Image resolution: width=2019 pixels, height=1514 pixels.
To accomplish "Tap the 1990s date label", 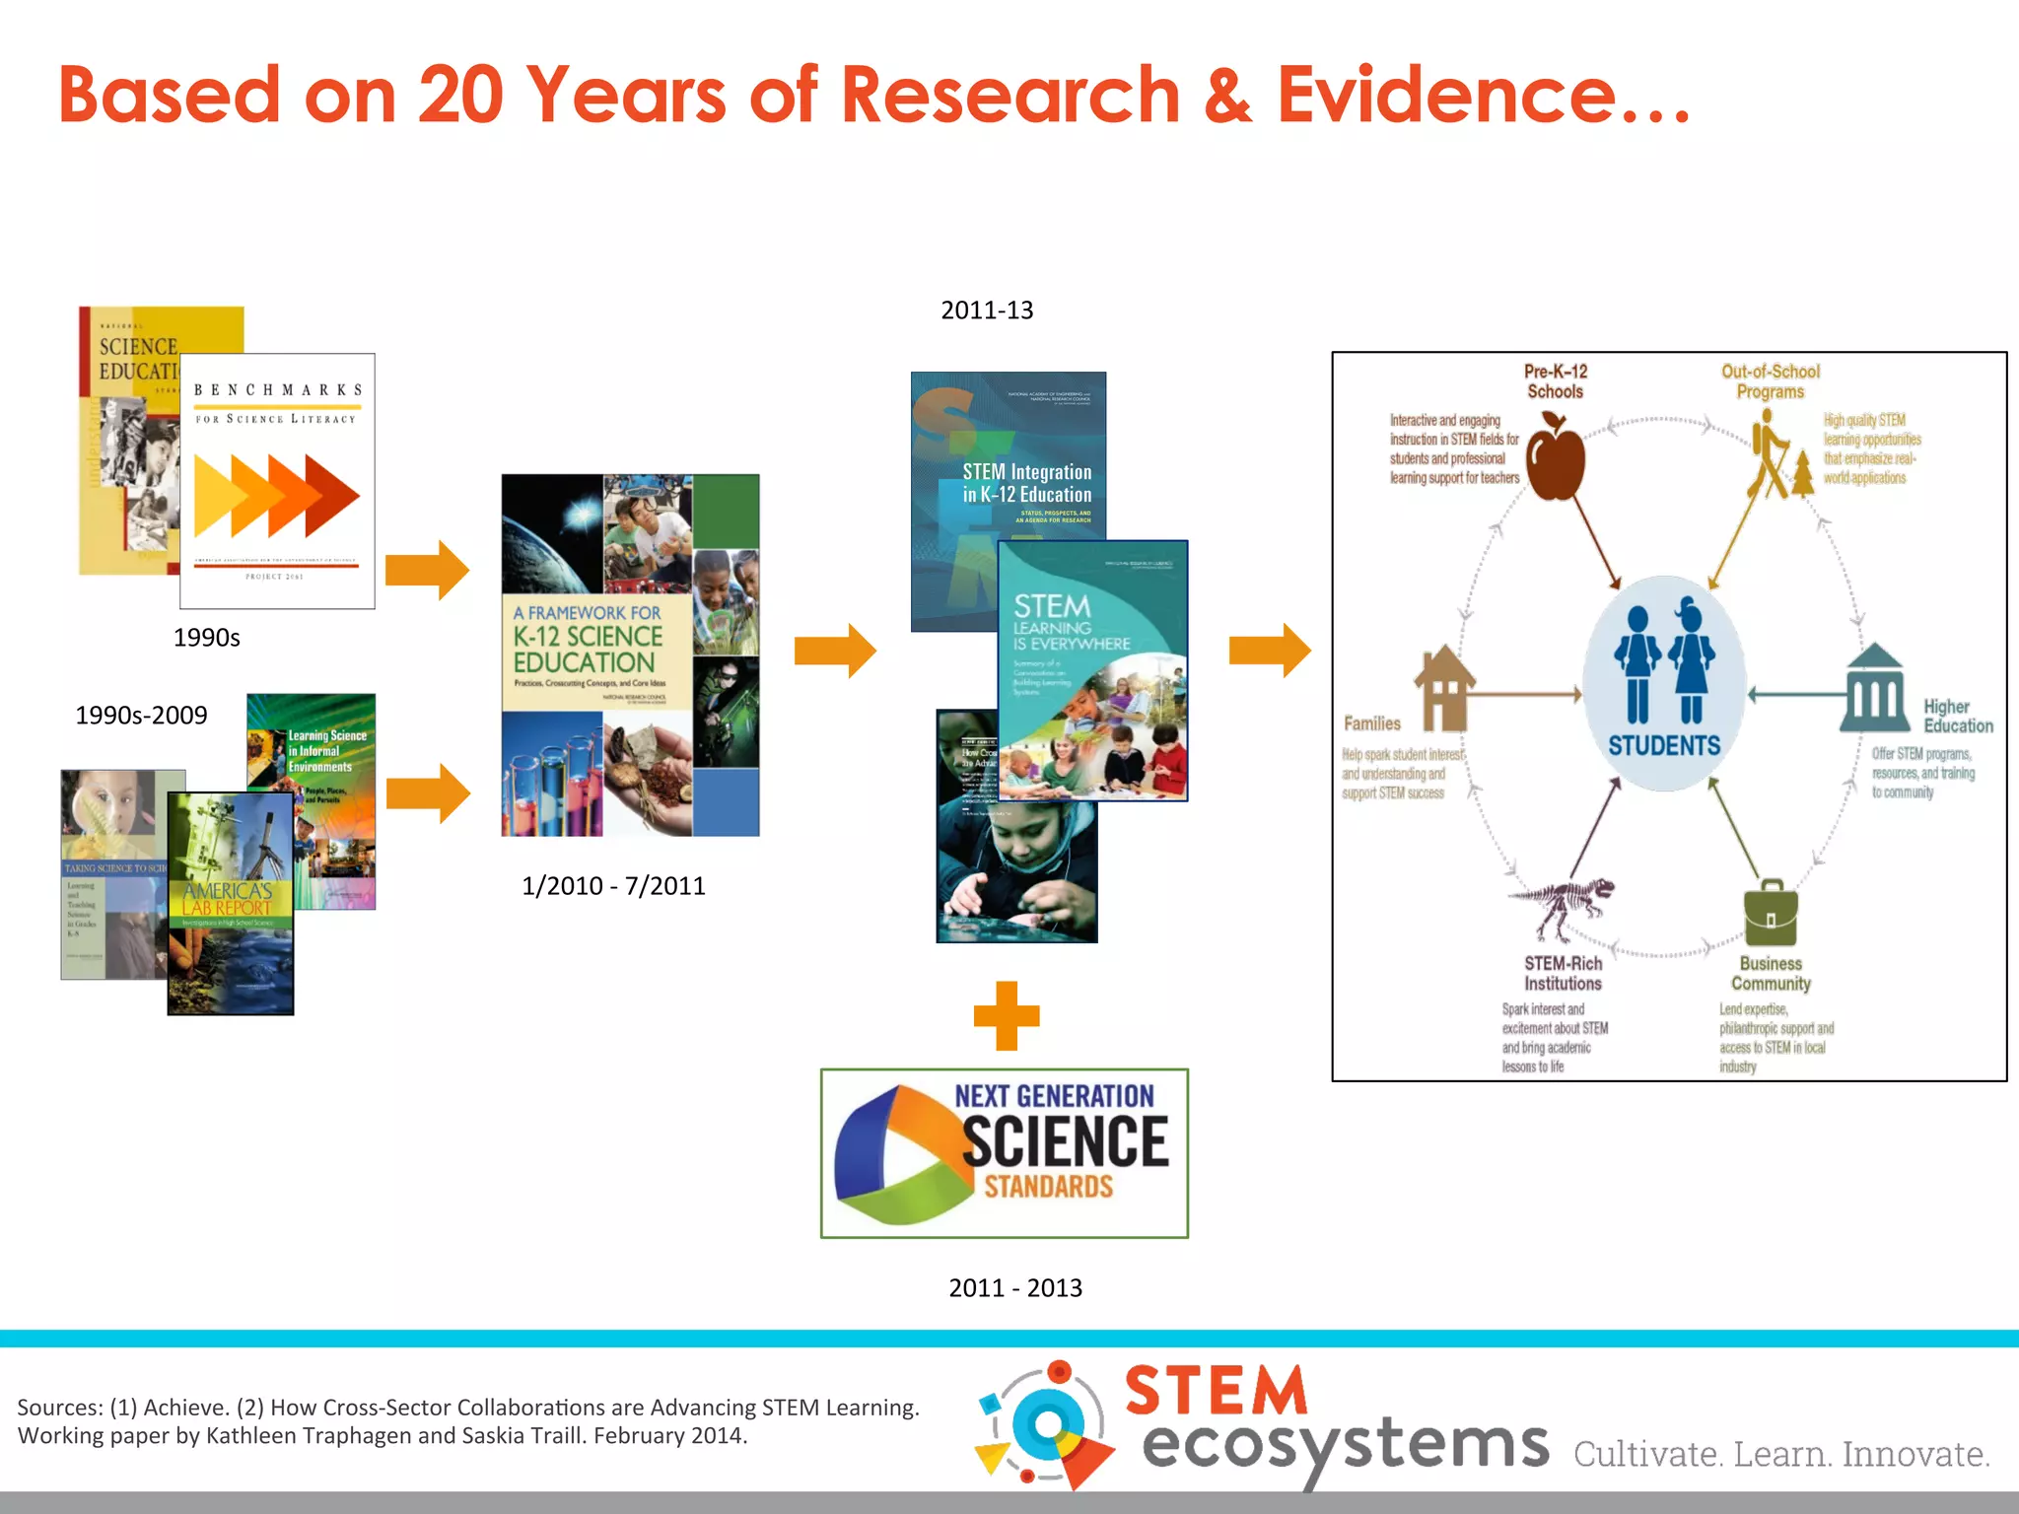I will pyautogui.click(x=206, y=638).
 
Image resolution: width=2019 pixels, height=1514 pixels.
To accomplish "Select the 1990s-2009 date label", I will pyautogui.click(x=141, y=716).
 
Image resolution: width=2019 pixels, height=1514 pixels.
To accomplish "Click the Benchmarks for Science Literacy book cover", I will pyautogui.click(x=277, y=481).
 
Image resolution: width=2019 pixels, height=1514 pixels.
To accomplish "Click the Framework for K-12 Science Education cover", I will pyautogui.click(x=630, y=655).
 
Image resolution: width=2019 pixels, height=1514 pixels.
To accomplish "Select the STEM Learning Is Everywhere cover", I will pyautogui.click(x=1092, y=670).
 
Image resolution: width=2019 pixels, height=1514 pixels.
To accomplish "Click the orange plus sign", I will pyautogui.click(x=1007, y=1015).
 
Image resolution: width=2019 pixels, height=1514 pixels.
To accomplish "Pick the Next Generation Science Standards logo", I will pyautogui.click(x=1005, y=1153).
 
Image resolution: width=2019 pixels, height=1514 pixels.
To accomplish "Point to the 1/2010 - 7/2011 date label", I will pyautogui.click(x=613, y=886).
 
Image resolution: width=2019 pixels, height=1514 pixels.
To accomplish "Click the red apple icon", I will pyautogui.click(x=1556, y=459).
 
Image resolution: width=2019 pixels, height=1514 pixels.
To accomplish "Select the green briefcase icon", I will pyautogui.click(x=1771, y=914).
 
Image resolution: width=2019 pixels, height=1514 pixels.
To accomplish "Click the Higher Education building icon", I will pyautogui.click(x=1874, y=689).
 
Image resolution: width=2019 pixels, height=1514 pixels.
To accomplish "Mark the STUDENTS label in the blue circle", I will pyautogui.click(x=1664, y=745).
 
